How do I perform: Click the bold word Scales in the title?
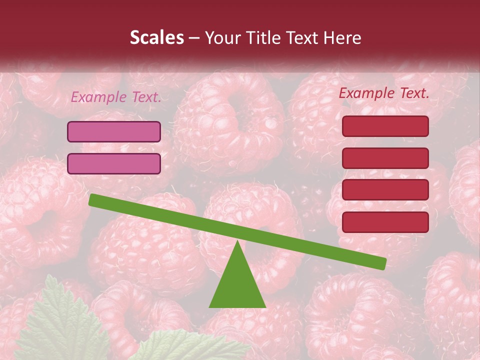(x=157, y=37)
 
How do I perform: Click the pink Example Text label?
(x=116, y=97)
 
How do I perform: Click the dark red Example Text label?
(x=384, y=93)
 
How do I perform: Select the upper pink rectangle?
(x=114, y=131)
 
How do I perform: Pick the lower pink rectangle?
(x=114, y=163)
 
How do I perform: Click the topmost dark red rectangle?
(x=385, y=126)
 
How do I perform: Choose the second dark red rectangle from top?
(x=385, y=158)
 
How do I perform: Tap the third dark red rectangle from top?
(x=385, y=190)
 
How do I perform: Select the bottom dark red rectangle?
(x=385, y=222)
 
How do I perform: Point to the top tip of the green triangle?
(x=237, y=242)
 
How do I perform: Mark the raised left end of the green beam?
(x=93, y=200)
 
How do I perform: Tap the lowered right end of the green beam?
(x=382, y=263)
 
